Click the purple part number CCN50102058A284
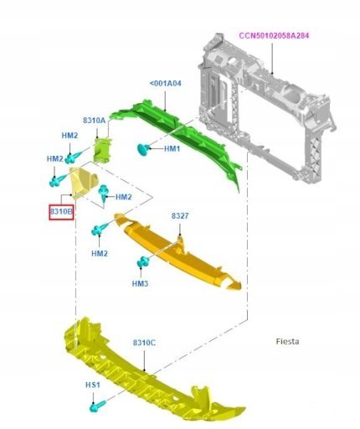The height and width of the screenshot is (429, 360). (x=274, y=36)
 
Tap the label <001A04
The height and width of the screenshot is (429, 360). (x=166, y=83)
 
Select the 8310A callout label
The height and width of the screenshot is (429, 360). (x=95, y=121)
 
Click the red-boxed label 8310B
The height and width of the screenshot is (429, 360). (x=61, y=212)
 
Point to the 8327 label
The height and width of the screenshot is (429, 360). (x=180, y=215)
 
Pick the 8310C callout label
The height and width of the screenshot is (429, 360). (x=144, y=343)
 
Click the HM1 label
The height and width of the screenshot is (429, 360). (x=172, y=148)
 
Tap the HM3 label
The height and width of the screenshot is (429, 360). (x=140, y=284)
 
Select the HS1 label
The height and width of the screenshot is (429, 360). (x=92, y=385)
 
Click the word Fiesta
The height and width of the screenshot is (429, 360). (x=287, y=341)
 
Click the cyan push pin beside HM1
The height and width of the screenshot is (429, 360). (x=144, y=149)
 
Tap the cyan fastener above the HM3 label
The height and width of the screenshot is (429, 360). (x=143, y=261)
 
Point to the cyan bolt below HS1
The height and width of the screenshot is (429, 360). (x=97, y=406)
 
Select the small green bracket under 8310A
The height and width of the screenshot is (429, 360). (x=102, y=151)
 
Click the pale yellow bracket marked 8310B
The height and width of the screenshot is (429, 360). (x=82, y=182)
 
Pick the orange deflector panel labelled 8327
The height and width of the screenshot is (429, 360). (x=178, y=251)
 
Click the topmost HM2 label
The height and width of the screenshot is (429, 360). (x=69, y=136)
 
